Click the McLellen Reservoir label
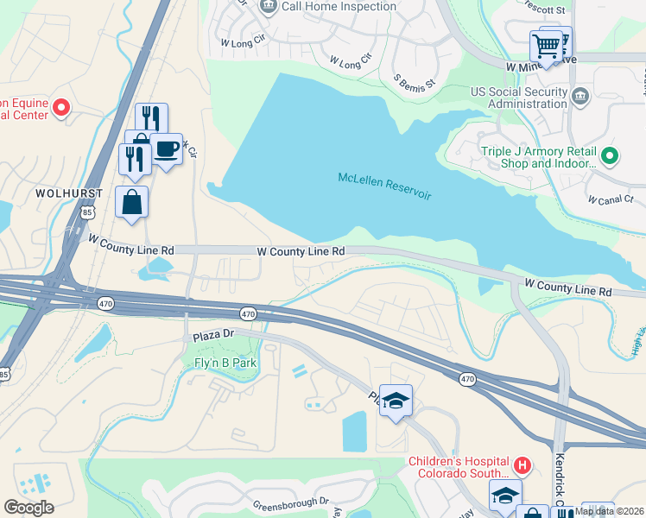383,186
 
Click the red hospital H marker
522,465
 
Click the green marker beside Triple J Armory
609,156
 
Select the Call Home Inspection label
339,7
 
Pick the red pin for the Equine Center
61,108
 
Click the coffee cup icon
166,149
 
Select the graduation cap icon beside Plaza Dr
396,400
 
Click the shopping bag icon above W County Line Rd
132,202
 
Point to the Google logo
29,508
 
